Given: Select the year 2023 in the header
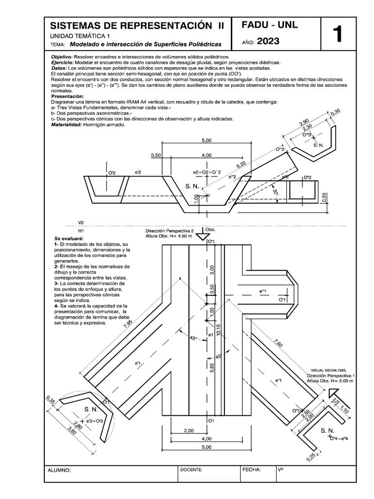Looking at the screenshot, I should pyautogui.click(x=268, y=41).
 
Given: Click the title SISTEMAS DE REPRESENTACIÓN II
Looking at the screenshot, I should pyautogui.click(x=137, y=26).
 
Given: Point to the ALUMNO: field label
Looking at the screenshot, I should pyautogui.click(x=59, y=471).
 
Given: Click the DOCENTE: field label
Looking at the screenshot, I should pyautogui.click(x=191, y=470).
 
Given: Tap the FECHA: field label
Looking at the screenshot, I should pyautogui.click(x=251, y=470).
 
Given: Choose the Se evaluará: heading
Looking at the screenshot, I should pyautogui.click(x=70, y=238).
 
